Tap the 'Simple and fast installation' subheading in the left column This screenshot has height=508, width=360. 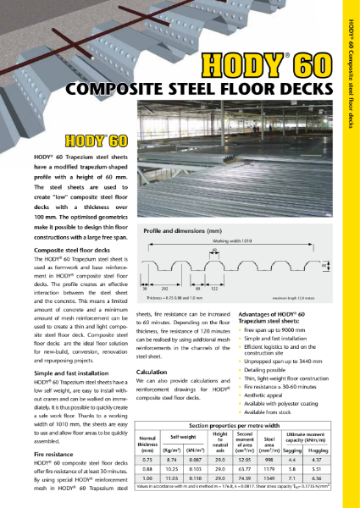coord(75,373)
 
